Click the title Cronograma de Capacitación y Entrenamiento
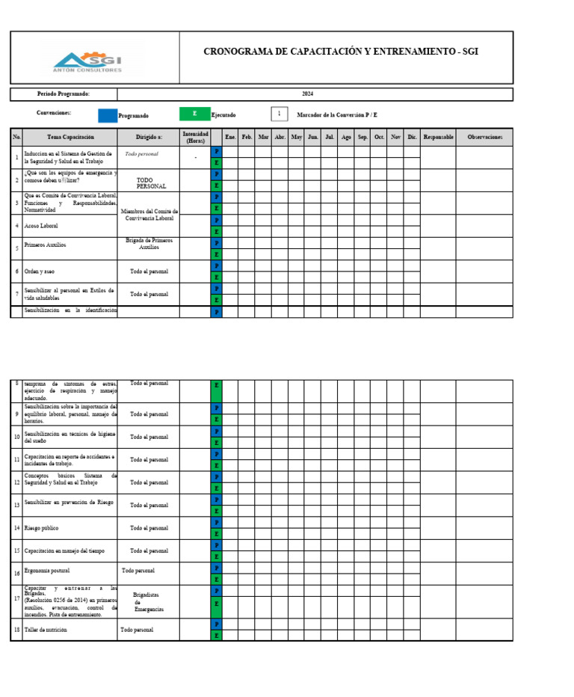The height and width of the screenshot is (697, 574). coord(340,52)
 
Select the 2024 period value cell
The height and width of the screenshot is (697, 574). coord(308,94)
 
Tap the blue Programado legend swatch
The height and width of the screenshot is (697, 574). coord(108,115)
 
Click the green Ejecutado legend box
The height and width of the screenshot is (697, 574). coord(194,114)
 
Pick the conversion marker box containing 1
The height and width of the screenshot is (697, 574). coord(279,114)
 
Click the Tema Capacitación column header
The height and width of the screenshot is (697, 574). coord(70,138)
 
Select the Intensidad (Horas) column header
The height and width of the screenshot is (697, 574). coord(195,138)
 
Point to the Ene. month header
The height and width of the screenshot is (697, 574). coord(231,138)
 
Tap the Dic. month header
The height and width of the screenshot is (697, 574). coord(413,138)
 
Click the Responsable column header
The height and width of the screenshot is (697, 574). coord(438,138)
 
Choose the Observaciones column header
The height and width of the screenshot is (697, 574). coord(485,138)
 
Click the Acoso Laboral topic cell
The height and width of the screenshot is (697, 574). coord(41,225)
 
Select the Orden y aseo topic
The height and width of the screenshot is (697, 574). coord(40,271)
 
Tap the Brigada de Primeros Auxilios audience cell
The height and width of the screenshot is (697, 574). coord(149,244)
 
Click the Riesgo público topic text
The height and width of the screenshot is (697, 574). coord(42,528)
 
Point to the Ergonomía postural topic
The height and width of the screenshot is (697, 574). coord(48,574)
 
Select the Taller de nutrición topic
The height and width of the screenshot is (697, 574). coord(46,630)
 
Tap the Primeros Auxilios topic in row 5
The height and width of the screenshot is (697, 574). coord(45,245)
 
